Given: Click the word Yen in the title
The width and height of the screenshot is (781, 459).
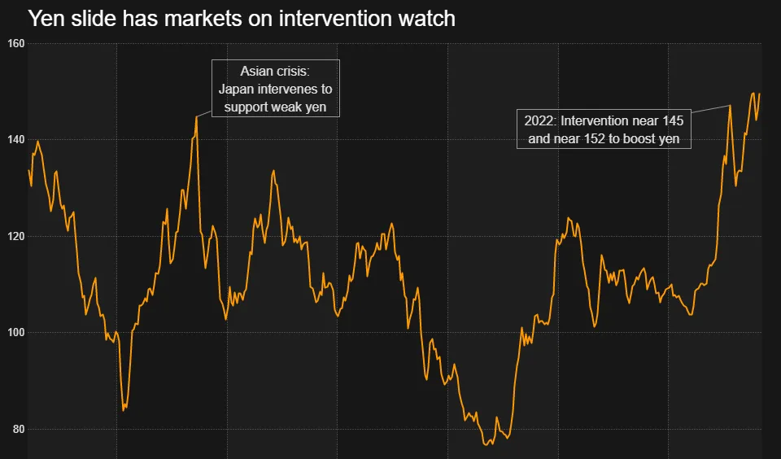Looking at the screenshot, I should [x=46, y=18].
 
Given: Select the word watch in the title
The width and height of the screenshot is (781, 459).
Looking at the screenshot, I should [x=427, y=18].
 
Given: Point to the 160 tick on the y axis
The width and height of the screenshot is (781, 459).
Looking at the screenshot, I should [x=16, y=43].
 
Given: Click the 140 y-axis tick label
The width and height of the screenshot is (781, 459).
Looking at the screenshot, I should [x=16, y=140].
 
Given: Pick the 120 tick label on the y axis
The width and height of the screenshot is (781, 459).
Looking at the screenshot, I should [x=16, y=236].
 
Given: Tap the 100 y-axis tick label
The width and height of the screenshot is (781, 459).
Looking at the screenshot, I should [x=16, y=332].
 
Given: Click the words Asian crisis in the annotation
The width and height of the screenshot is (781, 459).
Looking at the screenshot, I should [x=276, y=72].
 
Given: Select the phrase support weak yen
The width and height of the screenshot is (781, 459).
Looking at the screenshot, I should [x=276, y=107].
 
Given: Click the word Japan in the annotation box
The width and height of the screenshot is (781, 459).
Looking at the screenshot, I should [x=237, y=89].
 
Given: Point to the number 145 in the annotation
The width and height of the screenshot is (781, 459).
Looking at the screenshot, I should [x=673, y=121].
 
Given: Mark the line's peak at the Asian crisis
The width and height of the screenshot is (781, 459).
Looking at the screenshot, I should [x=197, y=116].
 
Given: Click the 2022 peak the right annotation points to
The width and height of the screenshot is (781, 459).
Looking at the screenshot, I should [x=730, y=105].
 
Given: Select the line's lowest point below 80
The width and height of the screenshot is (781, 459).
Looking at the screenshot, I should [x=486, y=444].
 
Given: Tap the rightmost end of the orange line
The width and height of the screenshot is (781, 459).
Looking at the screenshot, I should [x=759, y=94].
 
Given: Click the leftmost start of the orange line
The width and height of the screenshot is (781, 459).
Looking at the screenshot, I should [x=28, y=170].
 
